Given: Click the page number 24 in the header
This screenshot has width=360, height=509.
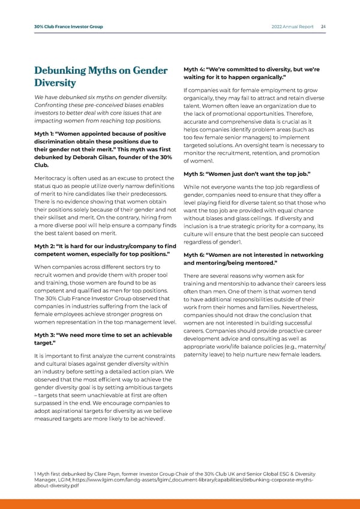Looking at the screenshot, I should pos(323,26).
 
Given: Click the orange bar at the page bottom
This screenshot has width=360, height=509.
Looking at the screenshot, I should pos(180,504).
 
